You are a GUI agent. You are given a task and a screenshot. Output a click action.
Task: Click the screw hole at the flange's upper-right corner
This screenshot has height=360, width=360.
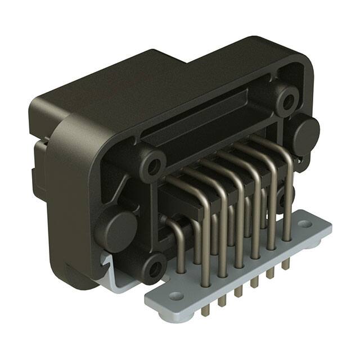(x=288, y=102)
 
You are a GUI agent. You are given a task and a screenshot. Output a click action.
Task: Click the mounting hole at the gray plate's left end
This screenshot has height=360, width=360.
(x=177, y=295)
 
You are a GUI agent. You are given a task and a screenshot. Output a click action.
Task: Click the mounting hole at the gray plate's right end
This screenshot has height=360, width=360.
(x=305, y=224)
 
